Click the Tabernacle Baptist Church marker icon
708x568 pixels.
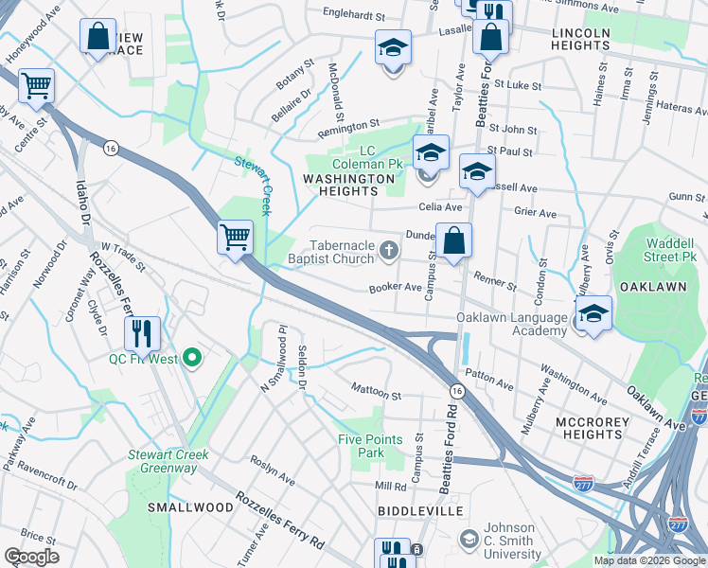click(387, 250)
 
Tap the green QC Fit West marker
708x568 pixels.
click(192, 358)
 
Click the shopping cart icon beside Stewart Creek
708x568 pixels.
click(234, 236)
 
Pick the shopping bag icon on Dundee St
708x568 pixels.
click(454, 240)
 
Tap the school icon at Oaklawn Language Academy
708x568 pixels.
click(593, 314)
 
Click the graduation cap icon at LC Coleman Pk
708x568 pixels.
click(431, 151)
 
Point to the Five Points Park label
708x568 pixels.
click(370, 446)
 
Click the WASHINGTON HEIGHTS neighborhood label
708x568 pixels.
click(347, 185)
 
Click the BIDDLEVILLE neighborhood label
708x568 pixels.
click(418, 510)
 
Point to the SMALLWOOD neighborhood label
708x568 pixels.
click(190, 507)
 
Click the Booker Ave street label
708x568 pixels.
click(395, 287)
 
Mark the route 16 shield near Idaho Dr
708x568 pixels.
click(111, 149)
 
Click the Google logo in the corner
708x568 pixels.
click(32, 556)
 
